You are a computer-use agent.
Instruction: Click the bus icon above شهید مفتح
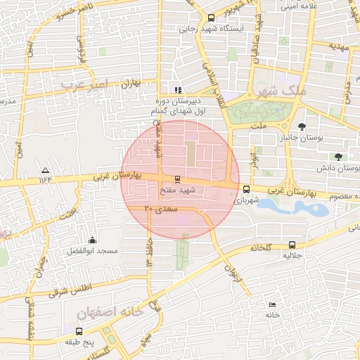pyautogui.click(x=176, y=179)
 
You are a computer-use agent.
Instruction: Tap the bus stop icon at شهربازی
pyautogui.click(x=246, y=188)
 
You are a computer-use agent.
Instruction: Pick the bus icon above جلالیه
pyautogui.click(x=292, y=245)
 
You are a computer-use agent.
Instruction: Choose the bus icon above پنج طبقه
pyautogui.click(x=79, y=330)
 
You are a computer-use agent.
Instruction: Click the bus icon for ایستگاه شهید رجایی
pyautogui.click(x=212, y=18)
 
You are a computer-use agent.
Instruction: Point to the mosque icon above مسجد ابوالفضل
pyautogui.click(x=93, y=240)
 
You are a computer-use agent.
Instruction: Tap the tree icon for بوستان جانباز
pyautogui.click(x=302, y=127)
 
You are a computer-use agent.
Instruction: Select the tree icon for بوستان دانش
pyautogui.click(x=339, y=157)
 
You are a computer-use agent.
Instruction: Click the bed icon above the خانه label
pyautogui.click(x=272, y=304)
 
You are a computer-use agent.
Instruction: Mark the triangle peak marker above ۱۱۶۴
pyautogui.click(x=46, y=170)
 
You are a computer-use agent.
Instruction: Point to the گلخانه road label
pyautogui.click(x=260, y=247)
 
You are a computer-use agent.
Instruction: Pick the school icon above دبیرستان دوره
pyautogui.click(x=178, y=89)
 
